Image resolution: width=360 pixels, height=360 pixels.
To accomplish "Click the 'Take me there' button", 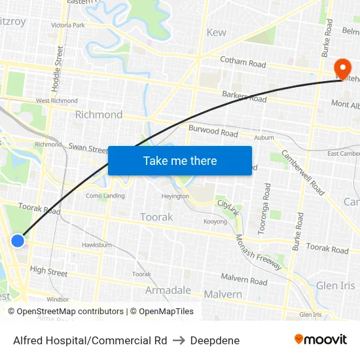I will [x=179, y=160].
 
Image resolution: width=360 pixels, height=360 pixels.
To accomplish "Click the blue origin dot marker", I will [x=18, y=241].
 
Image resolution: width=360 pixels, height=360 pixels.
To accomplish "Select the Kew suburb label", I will [x=216, y=32].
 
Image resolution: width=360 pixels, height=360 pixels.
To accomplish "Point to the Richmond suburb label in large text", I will [x=98, y=115].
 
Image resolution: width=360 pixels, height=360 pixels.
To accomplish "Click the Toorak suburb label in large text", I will [x=156, y=217].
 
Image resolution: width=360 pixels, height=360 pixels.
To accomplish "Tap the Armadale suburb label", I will [x=168, y=290].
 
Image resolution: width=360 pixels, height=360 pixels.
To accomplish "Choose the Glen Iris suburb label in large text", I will [x=335, y=285].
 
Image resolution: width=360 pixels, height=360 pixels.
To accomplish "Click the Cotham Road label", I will [x=243, y=63].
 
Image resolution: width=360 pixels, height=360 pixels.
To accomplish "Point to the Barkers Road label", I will [x=244, y=97].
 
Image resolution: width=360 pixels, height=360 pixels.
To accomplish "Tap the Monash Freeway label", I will [x=258, y=251].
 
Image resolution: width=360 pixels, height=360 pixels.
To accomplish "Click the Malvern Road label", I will [x=243, y=280].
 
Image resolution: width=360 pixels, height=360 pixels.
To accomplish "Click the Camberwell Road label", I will [x=302, y=172].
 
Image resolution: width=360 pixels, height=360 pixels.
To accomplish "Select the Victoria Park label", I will [x=68, y=25].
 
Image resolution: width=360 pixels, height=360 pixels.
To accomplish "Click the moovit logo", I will [x=320, y=340].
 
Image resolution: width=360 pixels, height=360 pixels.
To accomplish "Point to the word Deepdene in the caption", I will [x=215, y=340].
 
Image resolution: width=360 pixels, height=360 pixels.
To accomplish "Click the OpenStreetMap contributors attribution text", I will [x=64, y=312].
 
